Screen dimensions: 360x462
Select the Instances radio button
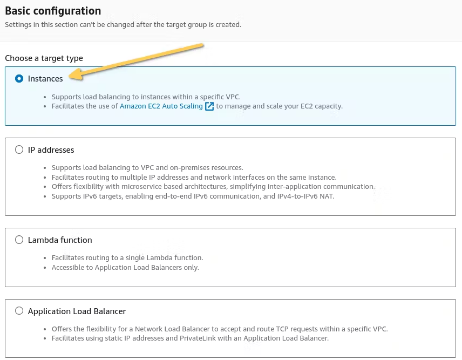19,79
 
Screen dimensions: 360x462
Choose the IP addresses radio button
19,150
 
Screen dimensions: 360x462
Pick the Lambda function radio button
19,240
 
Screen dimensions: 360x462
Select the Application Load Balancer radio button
19,311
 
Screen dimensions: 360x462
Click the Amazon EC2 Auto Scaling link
161,106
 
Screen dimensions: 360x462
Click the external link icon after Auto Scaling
209,106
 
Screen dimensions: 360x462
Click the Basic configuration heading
53,11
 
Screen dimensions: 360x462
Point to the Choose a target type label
44,58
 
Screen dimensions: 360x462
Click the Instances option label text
45,79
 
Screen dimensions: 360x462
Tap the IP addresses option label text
51,150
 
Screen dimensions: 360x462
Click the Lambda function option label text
60,240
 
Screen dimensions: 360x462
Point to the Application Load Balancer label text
77,311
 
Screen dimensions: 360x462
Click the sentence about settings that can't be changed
123,24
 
